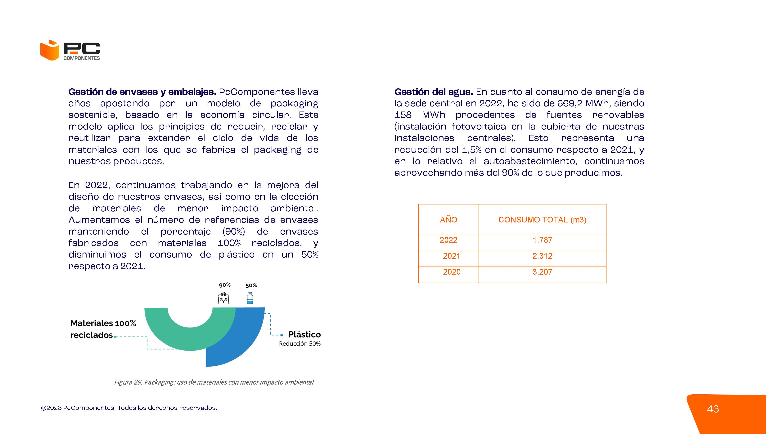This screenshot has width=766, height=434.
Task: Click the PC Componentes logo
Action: (x=70, y=50)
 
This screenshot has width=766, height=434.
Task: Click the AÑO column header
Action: (x=448, y=220)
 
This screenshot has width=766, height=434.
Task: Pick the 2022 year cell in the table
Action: (x=448, y=240)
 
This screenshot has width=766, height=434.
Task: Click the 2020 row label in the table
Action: (x=452, y=272)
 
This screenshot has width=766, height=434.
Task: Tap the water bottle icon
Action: (x=250, y=298)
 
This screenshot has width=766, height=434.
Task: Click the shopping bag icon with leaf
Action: (x=223, y=298)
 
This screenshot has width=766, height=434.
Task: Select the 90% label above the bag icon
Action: (x=225, y=285)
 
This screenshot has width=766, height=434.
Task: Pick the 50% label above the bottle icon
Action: (x=251, y=285)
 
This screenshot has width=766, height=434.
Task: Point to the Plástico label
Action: (x=304, y=334)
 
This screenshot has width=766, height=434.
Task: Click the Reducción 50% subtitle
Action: (x=300, y=344)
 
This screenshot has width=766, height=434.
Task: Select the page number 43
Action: (x=713, y=409)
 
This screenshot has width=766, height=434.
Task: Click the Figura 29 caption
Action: (x=214, y=382)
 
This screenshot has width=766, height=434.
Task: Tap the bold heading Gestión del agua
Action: (x=433, y=92)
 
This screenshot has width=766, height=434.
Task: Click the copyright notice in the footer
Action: (x=129, y=408)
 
